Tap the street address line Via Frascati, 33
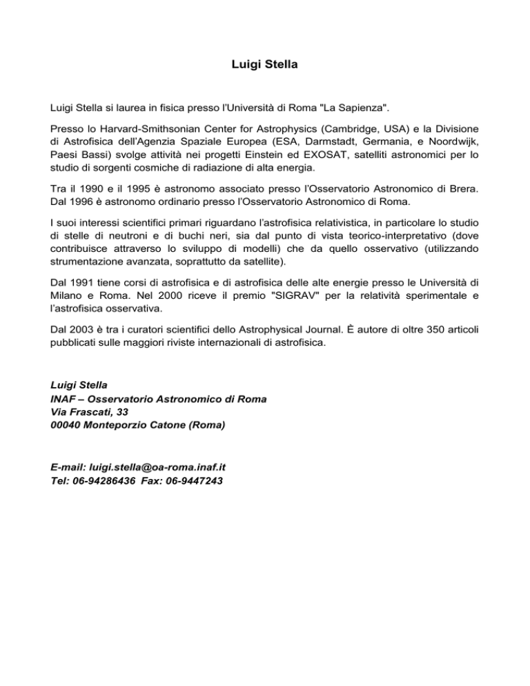(90, 411)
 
